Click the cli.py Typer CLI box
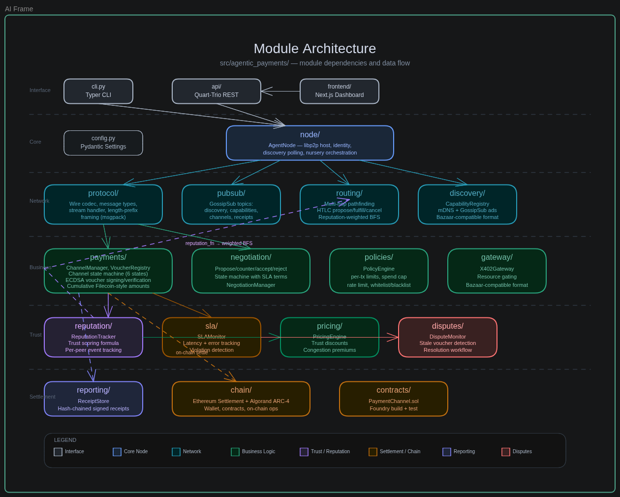click(x=98, y=91)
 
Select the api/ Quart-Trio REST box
click(x=217, y=91)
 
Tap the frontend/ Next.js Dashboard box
click(x=340, y=91)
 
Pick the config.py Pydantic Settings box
click(x=103, y=143)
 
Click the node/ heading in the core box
click(x=310, y=135)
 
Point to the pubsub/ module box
click(x=231, y=204)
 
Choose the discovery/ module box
click(x=467, y=204)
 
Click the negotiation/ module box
click(x=251, y=271)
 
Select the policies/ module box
click(x=379, y=271)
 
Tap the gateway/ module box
click(x=497, y=271)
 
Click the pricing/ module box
click(x=330, y=337)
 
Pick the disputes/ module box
click(x=448, y=337)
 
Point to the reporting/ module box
click(x=93, y=399)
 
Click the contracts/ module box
click(x=394, y=399)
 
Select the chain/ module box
click(x=241, y=399)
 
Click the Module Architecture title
click(x=315, y=49)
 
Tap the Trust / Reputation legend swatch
click(x=304, y=452)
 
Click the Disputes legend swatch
click(x=506, y=452)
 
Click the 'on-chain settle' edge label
click(x=192, y=353)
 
